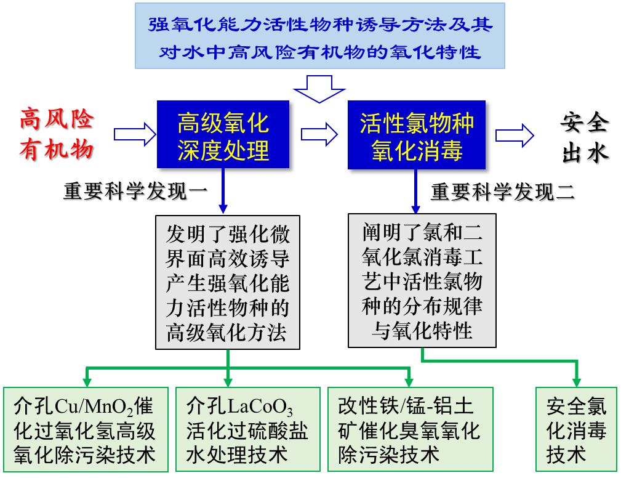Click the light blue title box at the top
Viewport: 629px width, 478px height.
[x=319, y=36]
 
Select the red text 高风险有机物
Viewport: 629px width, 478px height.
[x=57, y=134]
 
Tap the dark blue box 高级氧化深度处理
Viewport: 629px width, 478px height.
[x=223, y=134]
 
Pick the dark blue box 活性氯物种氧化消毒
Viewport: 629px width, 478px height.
[x=417, y=135]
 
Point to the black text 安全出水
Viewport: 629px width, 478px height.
[x=585, y=137]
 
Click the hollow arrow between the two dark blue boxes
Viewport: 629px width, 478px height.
[x=319, y=134]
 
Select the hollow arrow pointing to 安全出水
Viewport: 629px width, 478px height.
[x=515, y=136]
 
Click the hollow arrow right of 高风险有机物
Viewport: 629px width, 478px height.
[x=135, y=134]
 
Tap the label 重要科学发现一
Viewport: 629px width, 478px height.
[x=135, y=190]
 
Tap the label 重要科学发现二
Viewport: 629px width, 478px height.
[x=503, y=192]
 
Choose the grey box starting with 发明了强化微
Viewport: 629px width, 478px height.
[x=228, y=282]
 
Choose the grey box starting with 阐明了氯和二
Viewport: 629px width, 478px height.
[x=422, y=280]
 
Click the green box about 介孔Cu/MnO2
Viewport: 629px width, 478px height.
[x=86, y=429]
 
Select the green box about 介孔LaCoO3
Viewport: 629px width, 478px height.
[x=248, y=429]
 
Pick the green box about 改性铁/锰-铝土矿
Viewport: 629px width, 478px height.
[x=411, y=429]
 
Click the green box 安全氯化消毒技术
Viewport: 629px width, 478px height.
[x=576, y=429]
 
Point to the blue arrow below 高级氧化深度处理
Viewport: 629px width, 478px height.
[x=223, y=190]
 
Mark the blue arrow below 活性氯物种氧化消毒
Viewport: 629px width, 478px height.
[x=415, y=191]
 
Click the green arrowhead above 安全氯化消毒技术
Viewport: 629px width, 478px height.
[x=577, y=382]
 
